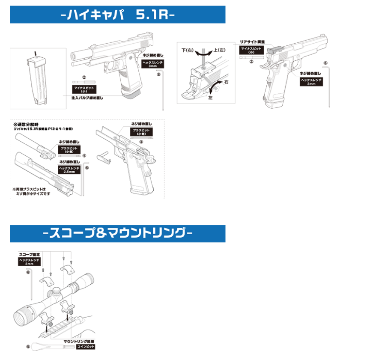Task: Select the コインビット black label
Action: (x=85, y=347)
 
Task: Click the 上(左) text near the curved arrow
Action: (x=218, y=51)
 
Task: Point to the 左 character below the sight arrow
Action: (x=210, y=98)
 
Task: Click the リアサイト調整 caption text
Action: (x=252, y=42)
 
